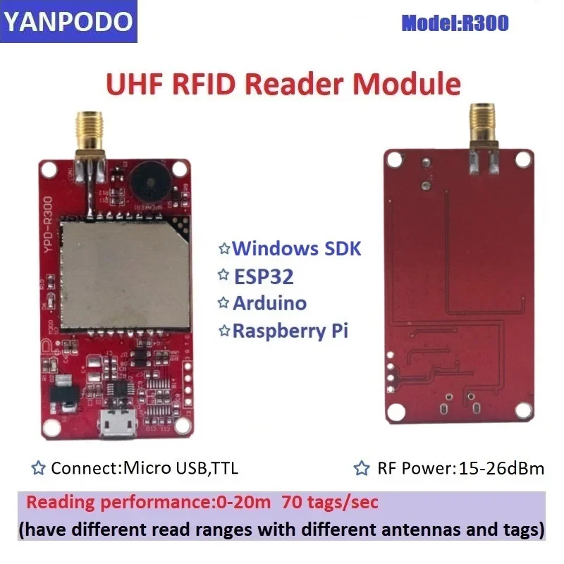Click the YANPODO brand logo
pos(68,22)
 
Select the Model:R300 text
pos(455,23)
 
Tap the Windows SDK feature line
pos(296,248)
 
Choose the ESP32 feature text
pos(263,276)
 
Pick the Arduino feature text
pos(269,303)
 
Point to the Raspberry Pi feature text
pos(290,331)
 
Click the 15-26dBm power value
pos(501,467)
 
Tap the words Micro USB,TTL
pos(185,467)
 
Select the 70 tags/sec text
pos(329,503)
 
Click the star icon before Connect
pos(39,467)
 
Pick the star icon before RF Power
pos(362,467)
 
